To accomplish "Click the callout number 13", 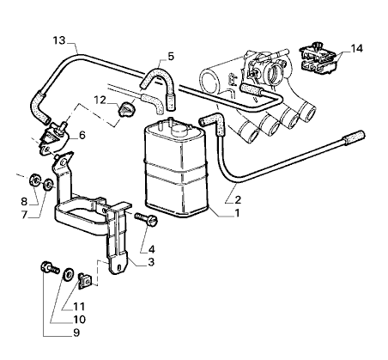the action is click(x=59, y=40).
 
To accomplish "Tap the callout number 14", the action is click(x=356, y=48).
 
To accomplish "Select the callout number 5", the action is click(x=171, y=57).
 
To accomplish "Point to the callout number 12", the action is click(x=100, y=101).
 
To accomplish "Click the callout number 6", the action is click(x=82, y=135).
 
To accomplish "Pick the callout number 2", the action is click(x=238, y=199).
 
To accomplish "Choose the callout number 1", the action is click(x=237, y=213).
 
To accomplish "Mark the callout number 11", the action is click(x=79, y=307).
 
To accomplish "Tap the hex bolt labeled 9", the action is click(x=50, y=267).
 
